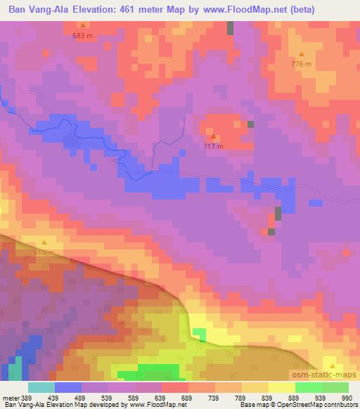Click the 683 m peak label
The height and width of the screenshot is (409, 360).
pyautogui.click(x=83, y=35)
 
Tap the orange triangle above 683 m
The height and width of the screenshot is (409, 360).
pyautogui.click(x=83, y=25)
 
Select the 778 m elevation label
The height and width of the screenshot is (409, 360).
pyautogui.click(x=302, y=64)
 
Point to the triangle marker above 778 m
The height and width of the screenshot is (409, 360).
pyautogui.click(x=302, y=54)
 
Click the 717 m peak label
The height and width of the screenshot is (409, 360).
pyautogui.click(x=214, y=146)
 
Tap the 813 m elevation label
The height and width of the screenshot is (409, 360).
pyautogui.click(x=44, y=252)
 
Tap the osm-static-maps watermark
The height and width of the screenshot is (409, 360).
pyautogui.click(x=326, y=377)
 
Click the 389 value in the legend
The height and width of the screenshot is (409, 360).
pyautogui.click(x=27, y=398)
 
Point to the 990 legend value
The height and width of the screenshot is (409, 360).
pyautogui.click(x=347, y=398)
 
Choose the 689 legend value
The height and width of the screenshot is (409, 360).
pyautogui.click(x=186, y=398)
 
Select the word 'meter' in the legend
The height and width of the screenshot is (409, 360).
pyautogui.click(x=9, y=398)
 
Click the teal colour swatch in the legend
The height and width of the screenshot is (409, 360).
pyautogui.click(x=41, y=387)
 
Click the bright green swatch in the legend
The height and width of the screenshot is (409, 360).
pyautogui.click(x=308, y=387)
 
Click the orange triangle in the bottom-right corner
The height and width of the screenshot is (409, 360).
pyautogui.click(x=333, y=365)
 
